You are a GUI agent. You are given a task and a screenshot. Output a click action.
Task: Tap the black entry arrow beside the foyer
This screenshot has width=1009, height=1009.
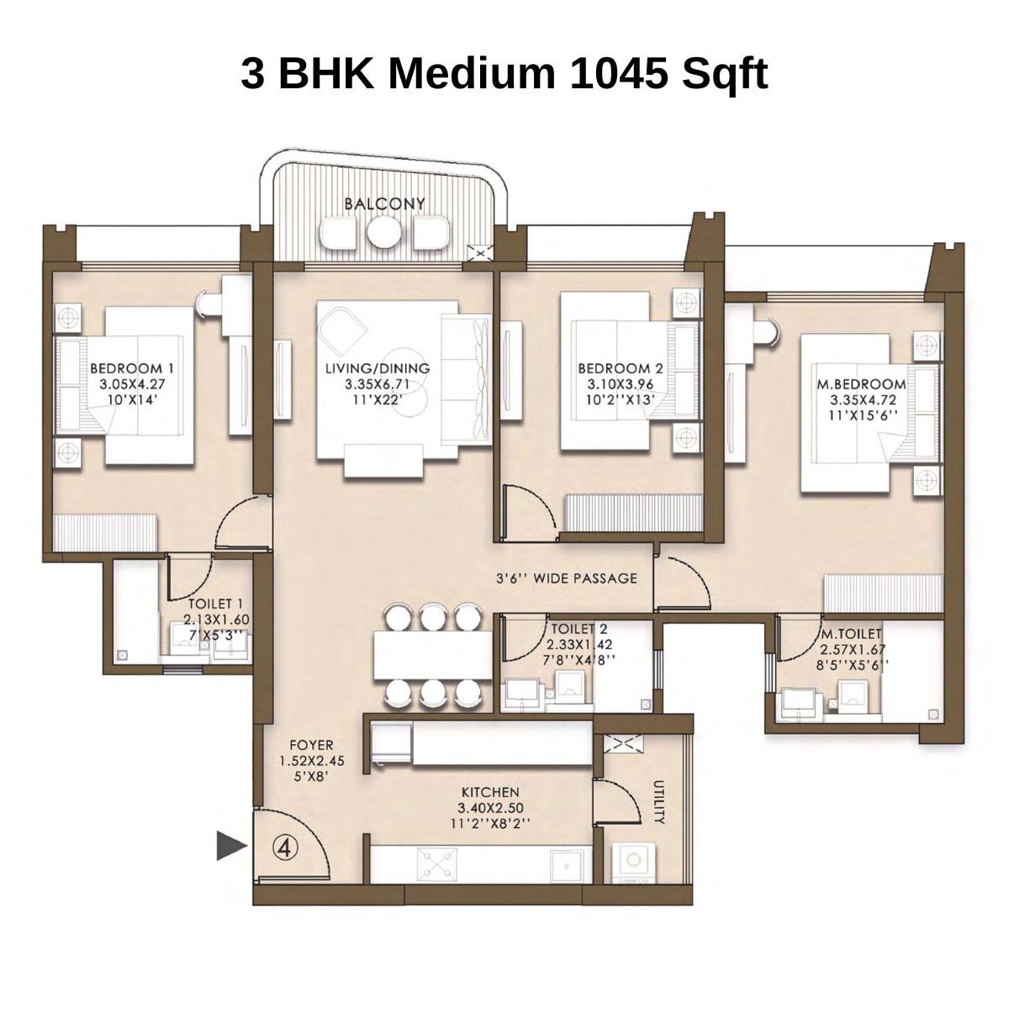[230, 845]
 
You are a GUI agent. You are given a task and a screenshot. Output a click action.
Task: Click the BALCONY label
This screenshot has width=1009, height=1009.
[384, 203]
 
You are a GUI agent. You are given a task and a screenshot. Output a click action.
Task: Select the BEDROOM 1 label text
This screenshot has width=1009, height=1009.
[131, 368]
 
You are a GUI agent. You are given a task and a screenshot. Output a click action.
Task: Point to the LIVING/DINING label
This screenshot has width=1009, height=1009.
[378, 368]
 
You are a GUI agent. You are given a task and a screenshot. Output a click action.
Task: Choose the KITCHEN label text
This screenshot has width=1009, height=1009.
[490, 792]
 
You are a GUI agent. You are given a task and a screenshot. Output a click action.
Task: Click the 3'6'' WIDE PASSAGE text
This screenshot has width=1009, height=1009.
[566, 578]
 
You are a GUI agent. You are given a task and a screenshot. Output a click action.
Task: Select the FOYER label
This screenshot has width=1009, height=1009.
[311, 745]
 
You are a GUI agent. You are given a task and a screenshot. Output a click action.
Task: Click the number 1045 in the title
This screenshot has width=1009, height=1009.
[618, 74]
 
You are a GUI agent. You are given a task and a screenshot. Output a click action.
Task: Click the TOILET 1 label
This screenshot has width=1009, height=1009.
[215, 604]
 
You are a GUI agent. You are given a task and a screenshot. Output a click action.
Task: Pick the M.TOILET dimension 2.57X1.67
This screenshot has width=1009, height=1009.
[850, 649]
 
